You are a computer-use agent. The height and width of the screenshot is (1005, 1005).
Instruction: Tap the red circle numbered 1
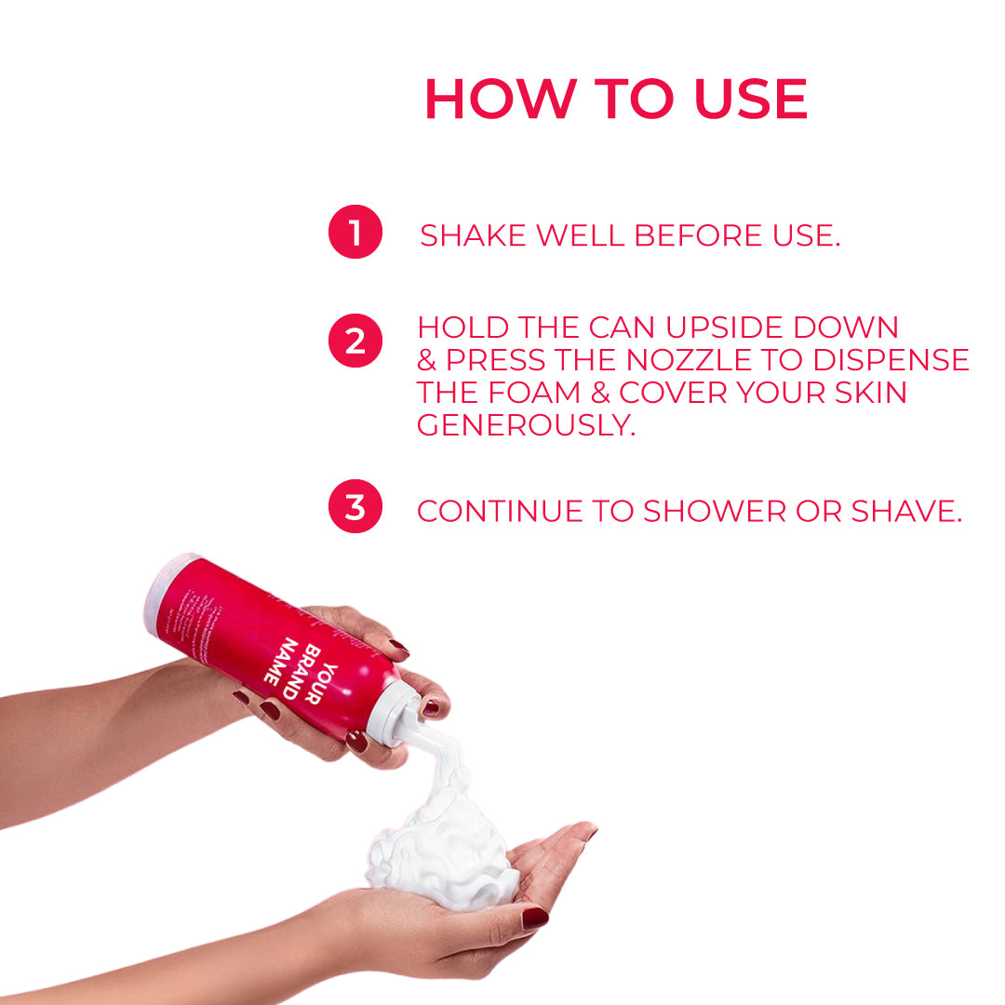pyautogui.click(x=355, y=233)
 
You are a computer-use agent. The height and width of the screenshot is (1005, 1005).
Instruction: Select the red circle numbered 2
pyautogui.click(x=355, y=342)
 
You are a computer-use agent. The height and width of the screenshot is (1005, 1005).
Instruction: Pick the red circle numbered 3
pyautogui.click(x=355, y=507)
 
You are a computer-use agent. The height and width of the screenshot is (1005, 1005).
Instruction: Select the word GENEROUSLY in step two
pyautogui.click(x=527, y=425)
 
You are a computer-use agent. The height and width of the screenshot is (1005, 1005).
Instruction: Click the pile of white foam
pyautogui.click(x=442, y=847)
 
